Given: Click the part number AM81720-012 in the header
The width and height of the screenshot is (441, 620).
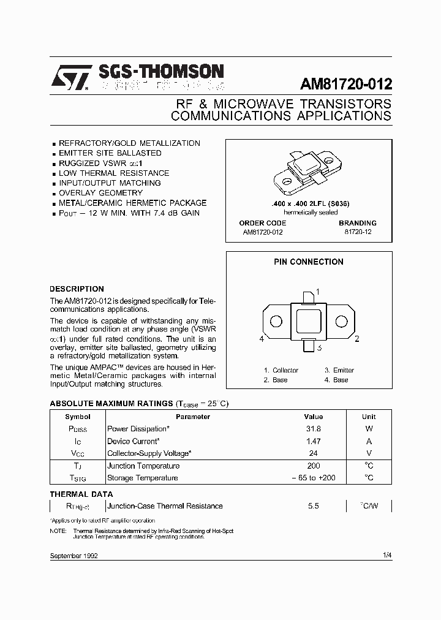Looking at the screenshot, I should click(345, 84).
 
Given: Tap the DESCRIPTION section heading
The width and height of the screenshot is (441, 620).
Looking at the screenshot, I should click(77, 289).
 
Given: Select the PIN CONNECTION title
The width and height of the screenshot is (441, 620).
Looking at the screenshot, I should click(308, 262).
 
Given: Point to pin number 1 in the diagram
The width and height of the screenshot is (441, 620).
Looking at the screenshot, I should click(317, 292).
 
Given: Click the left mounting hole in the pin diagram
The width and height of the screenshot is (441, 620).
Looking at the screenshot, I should click(276, 322).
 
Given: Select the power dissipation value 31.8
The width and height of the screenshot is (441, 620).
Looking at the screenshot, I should click(313, 429).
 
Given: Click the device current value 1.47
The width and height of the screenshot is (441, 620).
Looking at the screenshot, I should click(313, 441).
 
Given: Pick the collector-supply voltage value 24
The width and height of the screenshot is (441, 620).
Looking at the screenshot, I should click(313, 453).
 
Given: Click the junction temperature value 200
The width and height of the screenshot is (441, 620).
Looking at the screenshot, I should click(313, 466).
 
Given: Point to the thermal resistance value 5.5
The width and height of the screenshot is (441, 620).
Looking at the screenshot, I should click(313, 506).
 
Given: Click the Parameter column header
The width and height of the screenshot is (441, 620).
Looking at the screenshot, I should click(193, 417).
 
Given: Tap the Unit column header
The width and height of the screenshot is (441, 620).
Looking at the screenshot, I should click(369, 417).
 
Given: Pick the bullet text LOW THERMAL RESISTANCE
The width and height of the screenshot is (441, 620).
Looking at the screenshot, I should click(114, 173).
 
